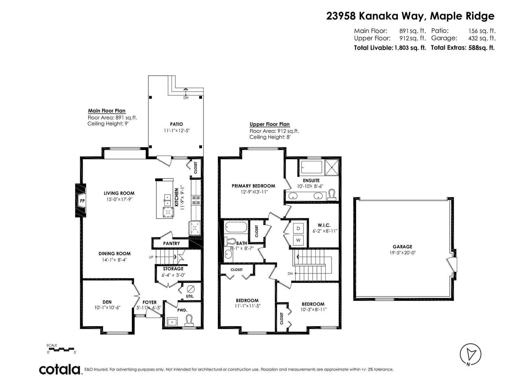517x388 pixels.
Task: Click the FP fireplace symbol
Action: (x=80, y=200)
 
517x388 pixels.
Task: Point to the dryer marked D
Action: (x=298, y=228)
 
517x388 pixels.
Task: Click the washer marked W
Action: (x=298, y=240)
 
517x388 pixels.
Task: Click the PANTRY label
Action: (x=171, y=243)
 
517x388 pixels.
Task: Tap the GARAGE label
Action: (x=402, y=247)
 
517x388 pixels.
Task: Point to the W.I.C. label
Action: (x=324, y=225)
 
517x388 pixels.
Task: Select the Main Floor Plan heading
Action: (x=107, y=111)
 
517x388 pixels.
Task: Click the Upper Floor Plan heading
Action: (x=269, y=124)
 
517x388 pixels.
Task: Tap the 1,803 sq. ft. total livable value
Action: (x=410, y=48)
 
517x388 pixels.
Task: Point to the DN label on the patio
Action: (x=186, y=98)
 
